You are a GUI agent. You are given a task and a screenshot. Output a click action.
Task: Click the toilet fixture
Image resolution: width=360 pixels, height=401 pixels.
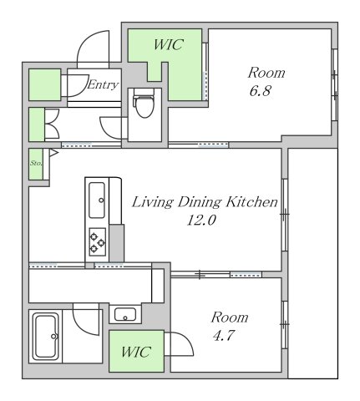pyautogui.click(x=144, y=103)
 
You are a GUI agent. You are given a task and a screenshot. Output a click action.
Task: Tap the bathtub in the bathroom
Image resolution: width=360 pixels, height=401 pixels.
pyautogui.click(x=45, y=336)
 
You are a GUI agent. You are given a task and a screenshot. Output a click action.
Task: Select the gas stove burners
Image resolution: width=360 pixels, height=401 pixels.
pyautogui.click(x=98, y=241)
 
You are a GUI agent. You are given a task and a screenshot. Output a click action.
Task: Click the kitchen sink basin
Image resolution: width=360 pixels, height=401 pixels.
pyautogui.click(x=97, y=200)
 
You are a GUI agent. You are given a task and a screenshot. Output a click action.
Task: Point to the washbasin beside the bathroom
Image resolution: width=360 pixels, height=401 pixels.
pyautogui.click(x=125, y=314)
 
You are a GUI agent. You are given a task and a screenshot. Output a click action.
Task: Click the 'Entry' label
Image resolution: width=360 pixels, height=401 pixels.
pyautogui.click(x=103, y=84)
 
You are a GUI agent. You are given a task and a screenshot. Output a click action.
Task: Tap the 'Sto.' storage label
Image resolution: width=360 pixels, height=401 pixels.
pyautogui.click(x=36, y=164)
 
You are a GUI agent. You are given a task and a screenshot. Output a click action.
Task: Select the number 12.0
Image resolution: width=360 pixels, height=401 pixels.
pyautogui.click(x=201, y=221)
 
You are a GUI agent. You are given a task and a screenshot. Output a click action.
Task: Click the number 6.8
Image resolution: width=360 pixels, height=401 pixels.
pyautogui.click(x=260, y=91)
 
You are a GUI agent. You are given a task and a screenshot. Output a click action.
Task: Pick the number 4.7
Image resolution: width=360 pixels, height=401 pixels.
pyautogui.click(x=224, y=335)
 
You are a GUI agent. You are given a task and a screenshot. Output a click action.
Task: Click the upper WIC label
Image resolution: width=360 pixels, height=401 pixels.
pyautogui.click(x=169, y=44)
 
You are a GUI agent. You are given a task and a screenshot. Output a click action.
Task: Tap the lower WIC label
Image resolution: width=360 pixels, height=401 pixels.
pyautogui.click(x=136, y=352)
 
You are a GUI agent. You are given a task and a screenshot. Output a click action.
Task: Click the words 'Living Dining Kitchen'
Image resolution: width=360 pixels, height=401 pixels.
pyautogui.click(x=205, y=202)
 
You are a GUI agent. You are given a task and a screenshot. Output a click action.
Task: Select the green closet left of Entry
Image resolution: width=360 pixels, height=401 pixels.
pyautogui.click(x=45, y=84)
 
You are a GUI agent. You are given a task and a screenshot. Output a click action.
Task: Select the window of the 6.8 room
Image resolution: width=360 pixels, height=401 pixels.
pyautogui.click(x=335, y=84)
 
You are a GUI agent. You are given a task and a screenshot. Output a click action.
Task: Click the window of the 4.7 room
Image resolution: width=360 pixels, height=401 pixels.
pyautogui.click(x=285, y=325)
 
